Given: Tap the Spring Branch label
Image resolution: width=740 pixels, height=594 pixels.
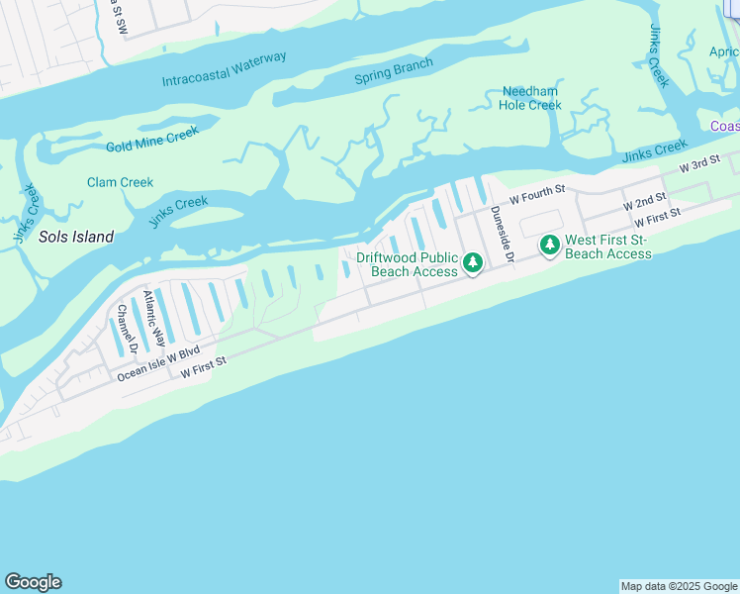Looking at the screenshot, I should (394, 72).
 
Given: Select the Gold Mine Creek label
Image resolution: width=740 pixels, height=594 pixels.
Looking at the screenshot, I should (152, 139).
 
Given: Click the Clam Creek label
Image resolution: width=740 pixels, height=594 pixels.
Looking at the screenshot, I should (120, 182).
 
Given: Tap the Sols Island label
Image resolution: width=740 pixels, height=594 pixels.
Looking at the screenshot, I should (76, 237).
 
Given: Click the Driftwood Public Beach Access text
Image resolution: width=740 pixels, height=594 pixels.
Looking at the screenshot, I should (407, 263).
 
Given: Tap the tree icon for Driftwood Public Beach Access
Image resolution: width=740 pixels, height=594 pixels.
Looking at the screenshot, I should (473, 262).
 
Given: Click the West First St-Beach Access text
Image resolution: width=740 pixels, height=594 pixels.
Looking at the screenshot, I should (607, 247).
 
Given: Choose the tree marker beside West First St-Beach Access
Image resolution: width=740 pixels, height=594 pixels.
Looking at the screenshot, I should (549, 244).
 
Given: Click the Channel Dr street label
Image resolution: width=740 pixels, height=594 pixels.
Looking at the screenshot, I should (124, 329).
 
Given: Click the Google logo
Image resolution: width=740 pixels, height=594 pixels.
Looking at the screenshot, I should (33, 582).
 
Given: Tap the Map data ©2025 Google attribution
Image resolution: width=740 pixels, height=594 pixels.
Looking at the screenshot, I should (679, 586).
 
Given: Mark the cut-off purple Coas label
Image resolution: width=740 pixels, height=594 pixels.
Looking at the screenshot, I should (724, 126).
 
